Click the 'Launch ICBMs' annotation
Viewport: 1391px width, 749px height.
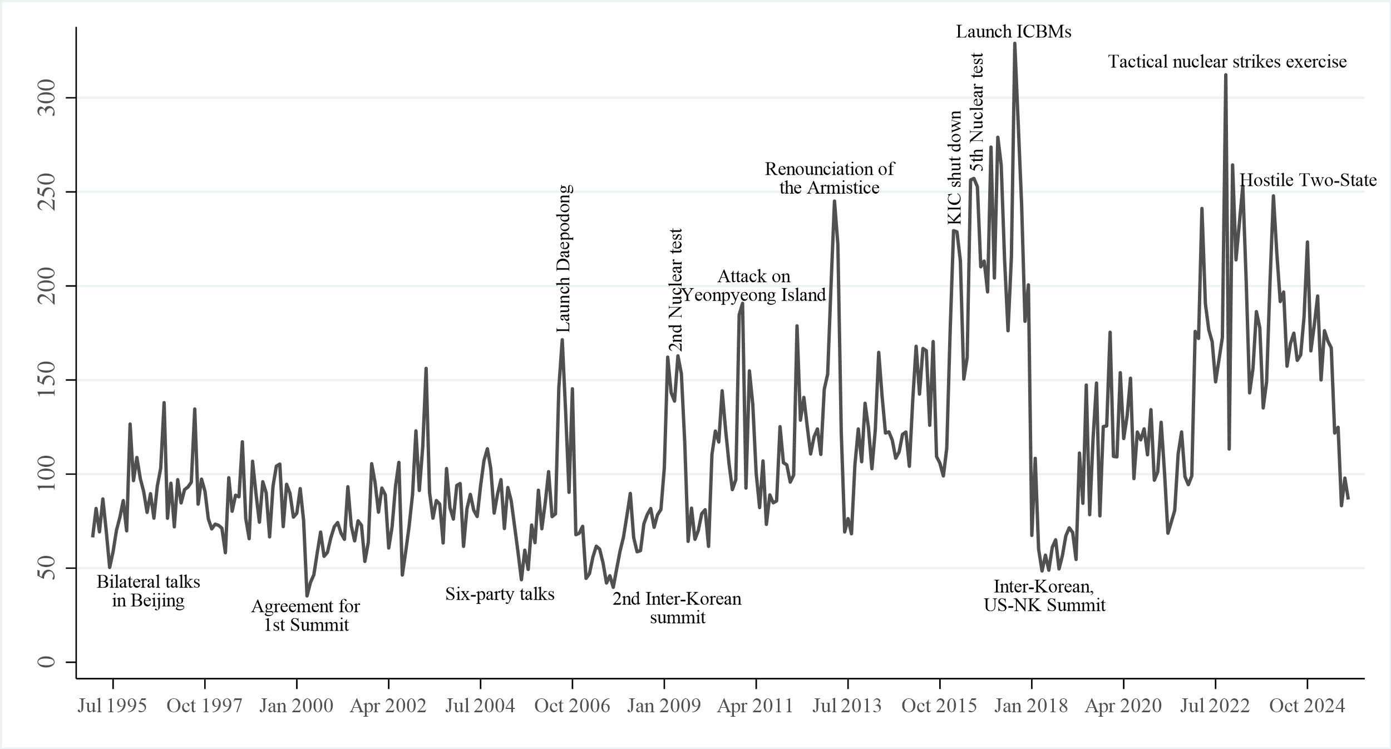1014,32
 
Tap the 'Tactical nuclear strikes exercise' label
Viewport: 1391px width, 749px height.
1227,61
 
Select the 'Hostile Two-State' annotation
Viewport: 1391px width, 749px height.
1308,180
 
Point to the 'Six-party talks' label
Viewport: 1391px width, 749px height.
500,594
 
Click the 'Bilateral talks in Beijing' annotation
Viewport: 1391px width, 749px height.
148,592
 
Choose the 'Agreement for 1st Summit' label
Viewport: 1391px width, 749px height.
306,615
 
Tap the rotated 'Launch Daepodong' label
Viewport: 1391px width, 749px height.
564,259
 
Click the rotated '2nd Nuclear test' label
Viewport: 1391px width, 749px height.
675,290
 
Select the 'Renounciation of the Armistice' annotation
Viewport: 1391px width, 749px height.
830,178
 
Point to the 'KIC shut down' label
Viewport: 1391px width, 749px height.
954,167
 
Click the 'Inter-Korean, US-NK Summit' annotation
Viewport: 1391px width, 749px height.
1044,595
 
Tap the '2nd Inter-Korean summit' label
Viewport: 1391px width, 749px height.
677,608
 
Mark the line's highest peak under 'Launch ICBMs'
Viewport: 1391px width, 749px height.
1014,43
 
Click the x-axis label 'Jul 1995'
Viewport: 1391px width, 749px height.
112,706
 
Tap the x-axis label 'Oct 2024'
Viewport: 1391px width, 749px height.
1307,706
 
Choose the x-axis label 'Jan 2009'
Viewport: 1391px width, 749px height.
664,706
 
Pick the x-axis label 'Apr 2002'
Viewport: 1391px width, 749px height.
388,706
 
